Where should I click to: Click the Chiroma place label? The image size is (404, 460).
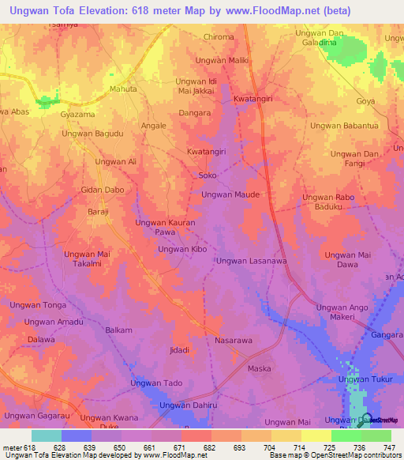[x=219, y=37]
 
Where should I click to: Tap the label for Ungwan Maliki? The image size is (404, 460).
[x=222, y=60]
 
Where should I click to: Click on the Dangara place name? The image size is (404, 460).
[x=195, y=113]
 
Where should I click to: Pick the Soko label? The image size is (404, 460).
[x=208, y=175]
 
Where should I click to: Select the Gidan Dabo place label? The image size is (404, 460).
[x=103, y=190]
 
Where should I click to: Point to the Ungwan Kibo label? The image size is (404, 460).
[x=182, y=249]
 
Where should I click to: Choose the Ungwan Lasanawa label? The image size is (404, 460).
[x=252, y=261]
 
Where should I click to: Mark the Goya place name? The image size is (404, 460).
[x=365, y=102]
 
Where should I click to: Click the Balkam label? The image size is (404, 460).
[x=118, y=330]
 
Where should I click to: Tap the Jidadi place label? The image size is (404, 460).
[x=180, y=349]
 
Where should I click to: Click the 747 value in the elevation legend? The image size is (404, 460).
[x=390, y=447]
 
